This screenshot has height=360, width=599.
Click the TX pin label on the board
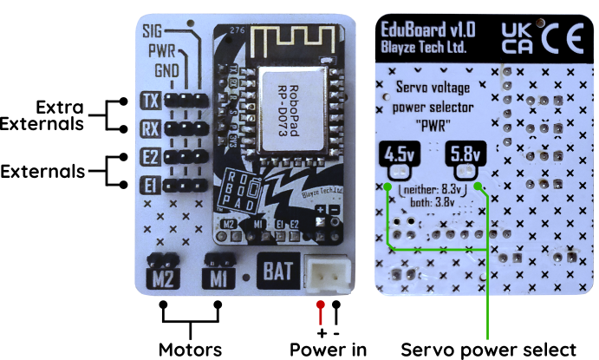point(149,101)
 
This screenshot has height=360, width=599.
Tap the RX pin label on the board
point(149,130)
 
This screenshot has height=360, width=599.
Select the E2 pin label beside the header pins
point(149,159)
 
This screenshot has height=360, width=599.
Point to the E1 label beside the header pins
point(149,185)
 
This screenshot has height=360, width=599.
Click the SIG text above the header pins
point(158,33)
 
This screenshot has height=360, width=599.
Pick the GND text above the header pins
point(167,69)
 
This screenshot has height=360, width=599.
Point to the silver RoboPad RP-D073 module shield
point(291,98)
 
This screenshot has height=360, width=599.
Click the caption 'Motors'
point(190,349)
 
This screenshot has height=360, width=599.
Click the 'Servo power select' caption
point(488,349)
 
